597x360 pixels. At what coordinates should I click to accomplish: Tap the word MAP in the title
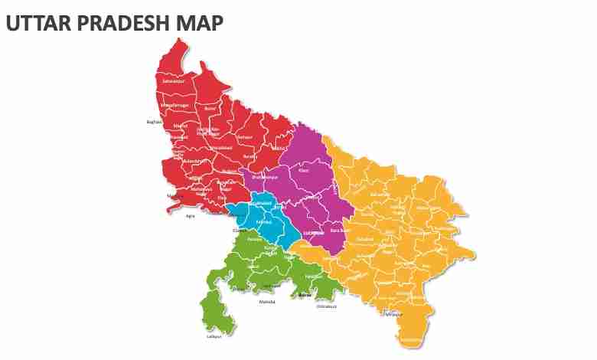click(200, 24)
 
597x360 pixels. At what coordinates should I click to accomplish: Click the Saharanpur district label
click(173, 80)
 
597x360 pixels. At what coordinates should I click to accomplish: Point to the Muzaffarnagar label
click(175, 105)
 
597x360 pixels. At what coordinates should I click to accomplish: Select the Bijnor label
click(210, 109)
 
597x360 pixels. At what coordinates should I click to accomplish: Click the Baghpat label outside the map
click(154, 122)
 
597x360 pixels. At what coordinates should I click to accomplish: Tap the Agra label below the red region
click(191, 216)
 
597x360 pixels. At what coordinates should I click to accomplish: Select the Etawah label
click(240, 230)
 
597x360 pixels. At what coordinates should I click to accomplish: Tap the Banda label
click(305, 294)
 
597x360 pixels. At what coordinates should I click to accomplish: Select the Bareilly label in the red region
click(249, 156)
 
